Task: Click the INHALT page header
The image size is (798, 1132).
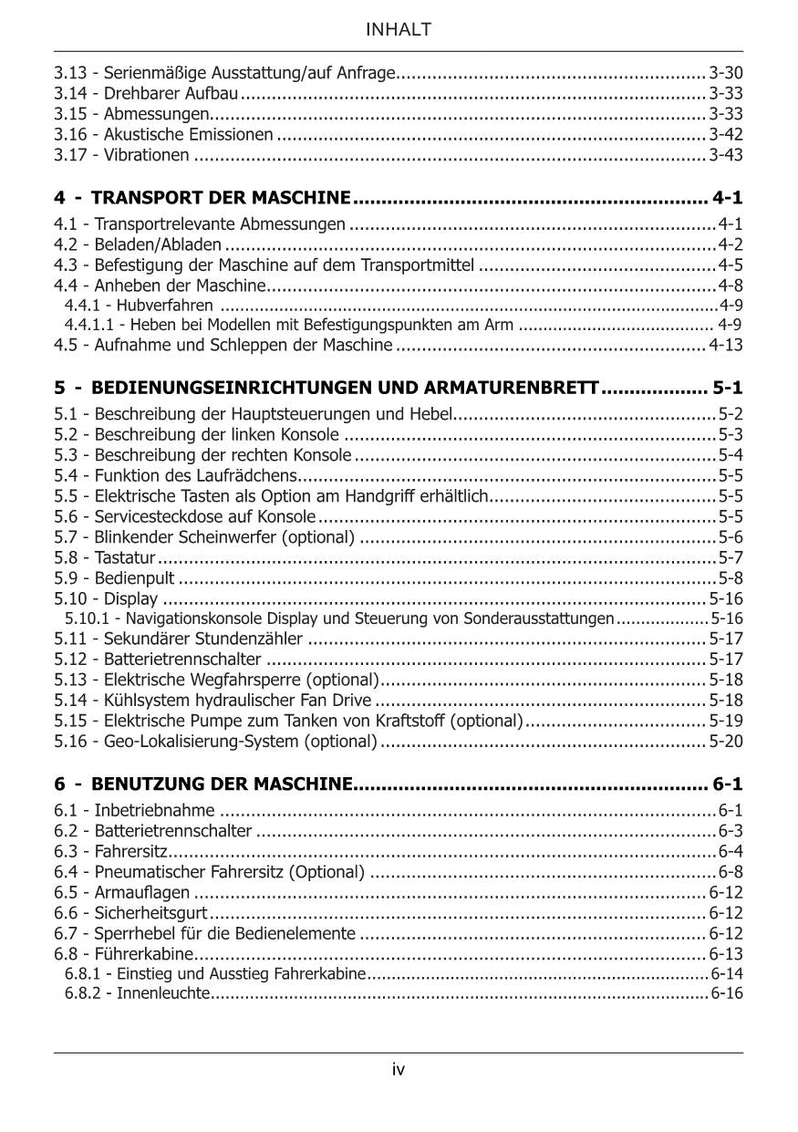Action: [x=399, y=30]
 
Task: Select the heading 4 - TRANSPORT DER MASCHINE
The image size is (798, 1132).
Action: [x=202, y=198]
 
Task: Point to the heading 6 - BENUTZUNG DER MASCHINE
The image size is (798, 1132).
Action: [x=202, y=784]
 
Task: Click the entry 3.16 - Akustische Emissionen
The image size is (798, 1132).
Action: [x=163, y=135]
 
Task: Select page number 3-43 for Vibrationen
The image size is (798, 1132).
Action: [x=726, y=155]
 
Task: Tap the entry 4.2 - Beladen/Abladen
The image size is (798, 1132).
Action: [x=138, y=244]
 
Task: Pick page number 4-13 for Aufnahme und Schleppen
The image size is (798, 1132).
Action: [x=726, y=345]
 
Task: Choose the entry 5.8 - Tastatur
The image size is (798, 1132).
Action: [x=105, y=557]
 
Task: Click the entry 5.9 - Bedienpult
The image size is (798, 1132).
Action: [x=114, y=577]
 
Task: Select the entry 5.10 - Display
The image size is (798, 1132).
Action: [x=106, y=598]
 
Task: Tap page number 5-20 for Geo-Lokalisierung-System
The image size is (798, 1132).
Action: [x=726, y=741]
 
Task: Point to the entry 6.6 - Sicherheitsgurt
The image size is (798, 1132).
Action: [x=130, y=913]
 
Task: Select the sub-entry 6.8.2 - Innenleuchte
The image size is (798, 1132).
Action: [x=137, y=992]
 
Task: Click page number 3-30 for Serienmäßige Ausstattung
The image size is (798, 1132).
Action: [x=726, y=72]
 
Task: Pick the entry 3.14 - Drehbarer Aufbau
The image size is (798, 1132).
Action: [x=146, y=93]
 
